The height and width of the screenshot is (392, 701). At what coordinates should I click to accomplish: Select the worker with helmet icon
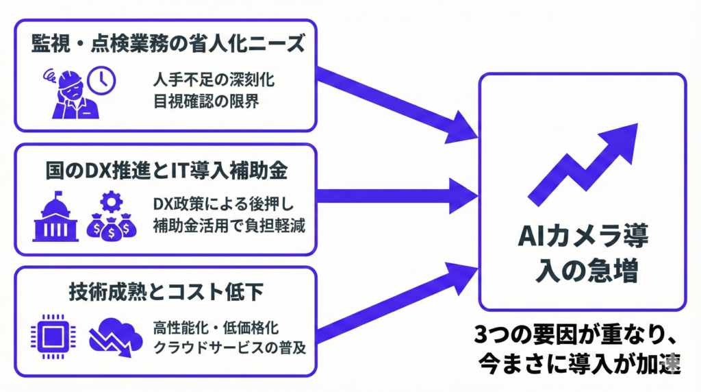[x=69, y=95]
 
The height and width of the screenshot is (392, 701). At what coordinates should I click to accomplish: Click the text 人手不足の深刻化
[x=214, y=79]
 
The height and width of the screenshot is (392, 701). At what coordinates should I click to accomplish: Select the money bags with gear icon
[x=112, y=216]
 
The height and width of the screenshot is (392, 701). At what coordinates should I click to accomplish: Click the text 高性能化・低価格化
[x=216, y=327]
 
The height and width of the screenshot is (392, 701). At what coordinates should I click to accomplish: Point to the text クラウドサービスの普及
[x=229, y=348]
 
